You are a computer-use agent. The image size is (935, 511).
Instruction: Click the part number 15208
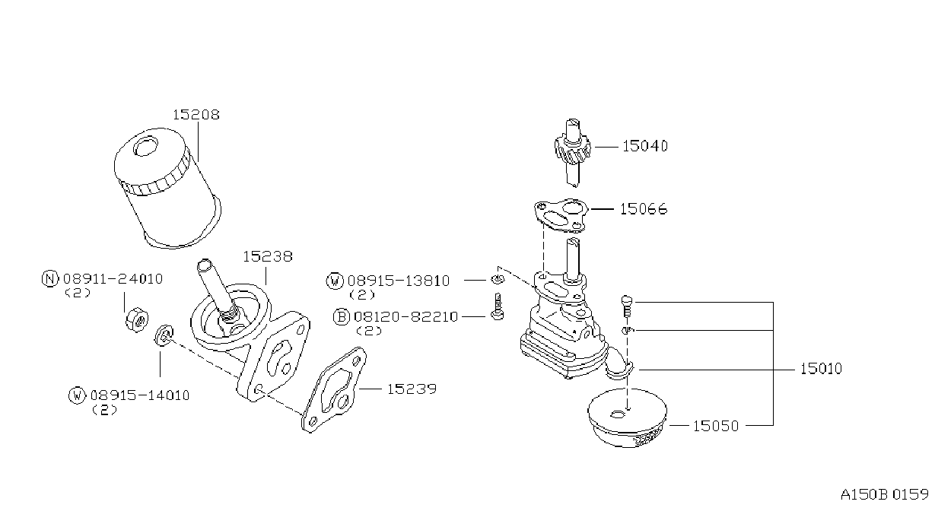click(196, 115)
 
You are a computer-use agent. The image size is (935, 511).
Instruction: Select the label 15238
click(268, 256)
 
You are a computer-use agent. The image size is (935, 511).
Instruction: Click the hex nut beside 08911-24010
click(137, 320)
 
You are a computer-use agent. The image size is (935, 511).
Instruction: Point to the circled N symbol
click(50, 278)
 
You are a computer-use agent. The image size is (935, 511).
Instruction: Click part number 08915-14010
click(140, 395)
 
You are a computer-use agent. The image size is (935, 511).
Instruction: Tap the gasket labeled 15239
click(334, 390)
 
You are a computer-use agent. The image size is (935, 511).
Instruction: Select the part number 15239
click(412, 389)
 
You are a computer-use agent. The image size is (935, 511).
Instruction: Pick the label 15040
click(645, 147)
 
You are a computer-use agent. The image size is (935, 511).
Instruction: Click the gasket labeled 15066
click(561, 215)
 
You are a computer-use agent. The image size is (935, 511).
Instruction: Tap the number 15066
click(643, 209)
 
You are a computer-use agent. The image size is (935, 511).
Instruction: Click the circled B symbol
click(342, 317)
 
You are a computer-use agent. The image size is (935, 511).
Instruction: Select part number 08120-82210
click(405, 317)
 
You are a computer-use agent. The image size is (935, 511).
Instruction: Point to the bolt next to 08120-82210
click(497, 306)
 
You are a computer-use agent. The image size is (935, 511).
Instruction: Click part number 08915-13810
click(399, 281)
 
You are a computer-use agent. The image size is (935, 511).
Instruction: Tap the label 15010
click(821, 369)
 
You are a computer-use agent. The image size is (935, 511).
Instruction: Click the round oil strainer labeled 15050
click(627, 418)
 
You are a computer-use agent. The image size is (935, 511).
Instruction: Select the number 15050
click(715, 427)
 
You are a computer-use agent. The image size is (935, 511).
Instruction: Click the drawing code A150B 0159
click(884, 495)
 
